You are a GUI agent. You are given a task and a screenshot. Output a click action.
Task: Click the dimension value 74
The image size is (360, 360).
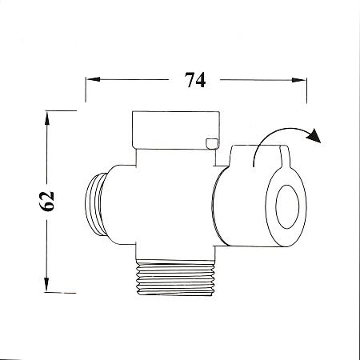coord(195,80)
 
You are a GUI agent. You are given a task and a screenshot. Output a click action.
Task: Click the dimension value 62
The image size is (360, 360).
coord(47,202)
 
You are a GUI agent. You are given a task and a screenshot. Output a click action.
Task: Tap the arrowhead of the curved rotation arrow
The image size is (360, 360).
coord(314,135)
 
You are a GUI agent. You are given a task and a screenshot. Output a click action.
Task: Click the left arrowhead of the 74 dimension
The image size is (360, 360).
coord(94,79)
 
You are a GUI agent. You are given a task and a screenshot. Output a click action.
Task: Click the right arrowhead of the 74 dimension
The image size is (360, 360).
coord(298,80)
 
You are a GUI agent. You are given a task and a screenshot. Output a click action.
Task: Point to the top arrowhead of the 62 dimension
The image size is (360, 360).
coord(47,118)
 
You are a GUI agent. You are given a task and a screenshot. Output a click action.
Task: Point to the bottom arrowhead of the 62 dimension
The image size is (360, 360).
coord(46,284)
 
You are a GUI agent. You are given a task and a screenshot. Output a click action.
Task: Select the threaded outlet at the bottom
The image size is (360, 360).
coord(176,278)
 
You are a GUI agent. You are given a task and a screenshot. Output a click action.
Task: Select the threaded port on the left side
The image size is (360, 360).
coord(96,204)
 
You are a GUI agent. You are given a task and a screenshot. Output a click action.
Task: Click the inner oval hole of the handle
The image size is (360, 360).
coord(287,206)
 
